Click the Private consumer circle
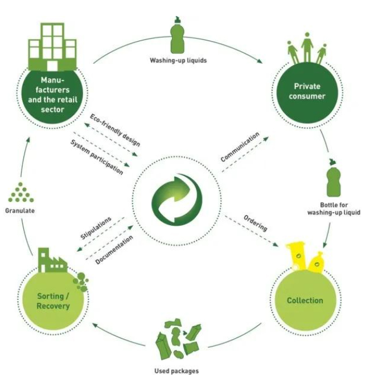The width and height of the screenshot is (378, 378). (x=307, y=93)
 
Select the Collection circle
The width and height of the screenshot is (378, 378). (x=305, y=300)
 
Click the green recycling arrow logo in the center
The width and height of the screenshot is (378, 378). (x=177, y=200)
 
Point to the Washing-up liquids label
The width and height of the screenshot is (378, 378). (x=178, y=60)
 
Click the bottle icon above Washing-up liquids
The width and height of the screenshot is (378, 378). (x=177, y=35)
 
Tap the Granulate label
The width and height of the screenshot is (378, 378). (x=20, y=211)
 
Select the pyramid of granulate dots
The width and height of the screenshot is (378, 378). (x=20, y=192)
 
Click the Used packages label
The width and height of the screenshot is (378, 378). (x=176, y=371)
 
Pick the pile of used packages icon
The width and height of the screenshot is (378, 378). (x=178, y=339)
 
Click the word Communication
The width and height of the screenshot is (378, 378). (x=240, y=147)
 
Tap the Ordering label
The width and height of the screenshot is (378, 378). (x=256, y=223)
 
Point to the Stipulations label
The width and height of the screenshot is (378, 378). (x=96, y=228)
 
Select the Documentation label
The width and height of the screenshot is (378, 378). (x=114, y=250)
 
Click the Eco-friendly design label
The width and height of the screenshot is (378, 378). (x=115, y=130)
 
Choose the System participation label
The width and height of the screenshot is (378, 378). (x=97, y=157)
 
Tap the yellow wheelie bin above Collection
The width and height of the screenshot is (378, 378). (x=297, y=257)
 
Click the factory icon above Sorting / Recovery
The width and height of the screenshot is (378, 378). (x=52, y=261)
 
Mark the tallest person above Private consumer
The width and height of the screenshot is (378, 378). (x=307, y=48)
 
